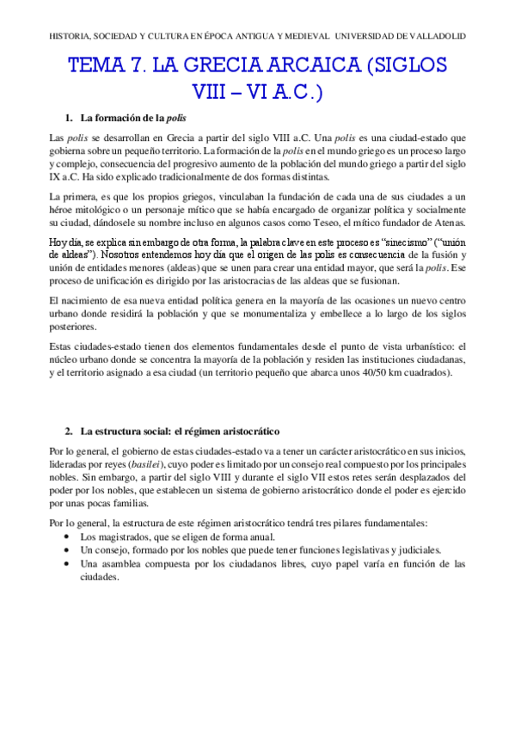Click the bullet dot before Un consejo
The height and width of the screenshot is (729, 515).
point(68,548)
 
